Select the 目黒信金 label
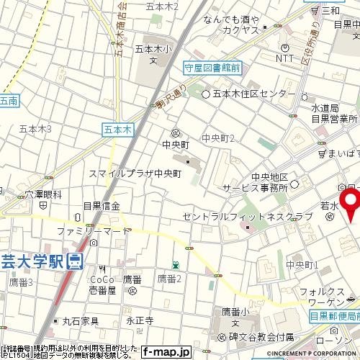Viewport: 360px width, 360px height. click(x=102, y=206)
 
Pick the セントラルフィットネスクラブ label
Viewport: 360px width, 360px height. click(x=248, y=216)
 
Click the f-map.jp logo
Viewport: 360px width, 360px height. click(x=166, y=352)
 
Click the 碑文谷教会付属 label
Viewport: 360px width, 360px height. click(x=260, y=336)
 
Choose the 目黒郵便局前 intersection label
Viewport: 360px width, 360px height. click(x=335, y=316)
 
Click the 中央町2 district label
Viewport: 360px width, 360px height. click(x=218, y=138)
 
